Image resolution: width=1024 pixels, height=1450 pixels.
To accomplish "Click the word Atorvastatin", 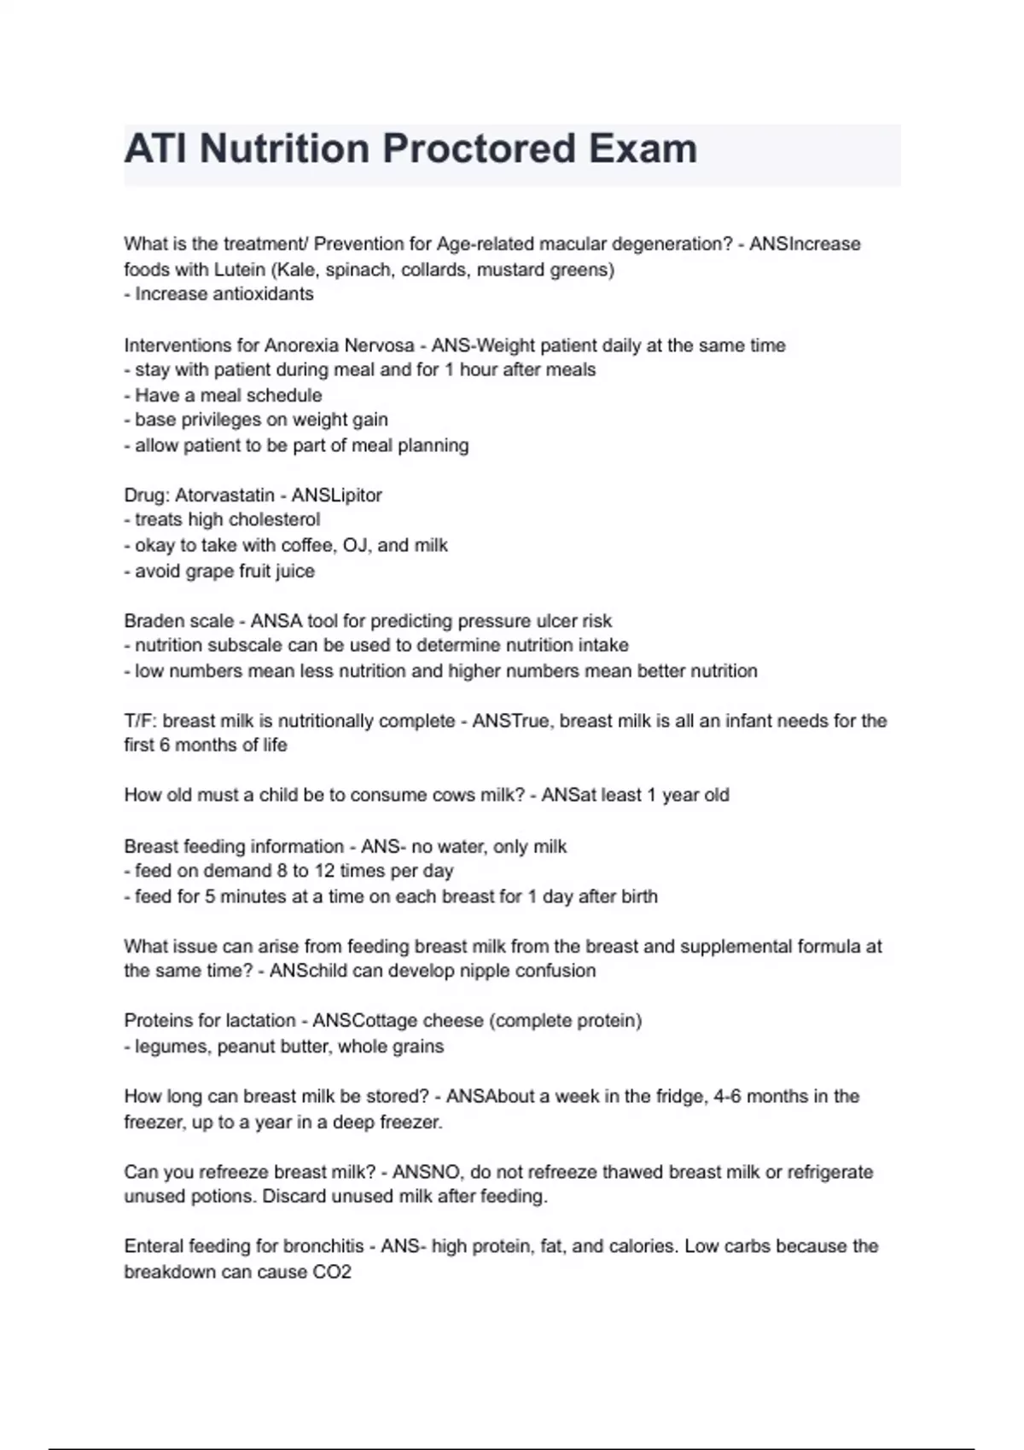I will click(224, 496).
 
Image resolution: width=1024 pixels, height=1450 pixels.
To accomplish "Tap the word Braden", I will click(151, 621).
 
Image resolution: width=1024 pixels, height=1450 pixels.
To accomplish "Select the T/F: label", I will click(140, 721).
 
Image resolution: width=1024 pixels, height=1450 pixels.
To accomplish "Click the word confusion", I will click(555, 971).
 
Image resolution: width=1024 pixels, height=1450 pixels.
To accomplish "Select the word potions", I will click(226, 1197).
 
